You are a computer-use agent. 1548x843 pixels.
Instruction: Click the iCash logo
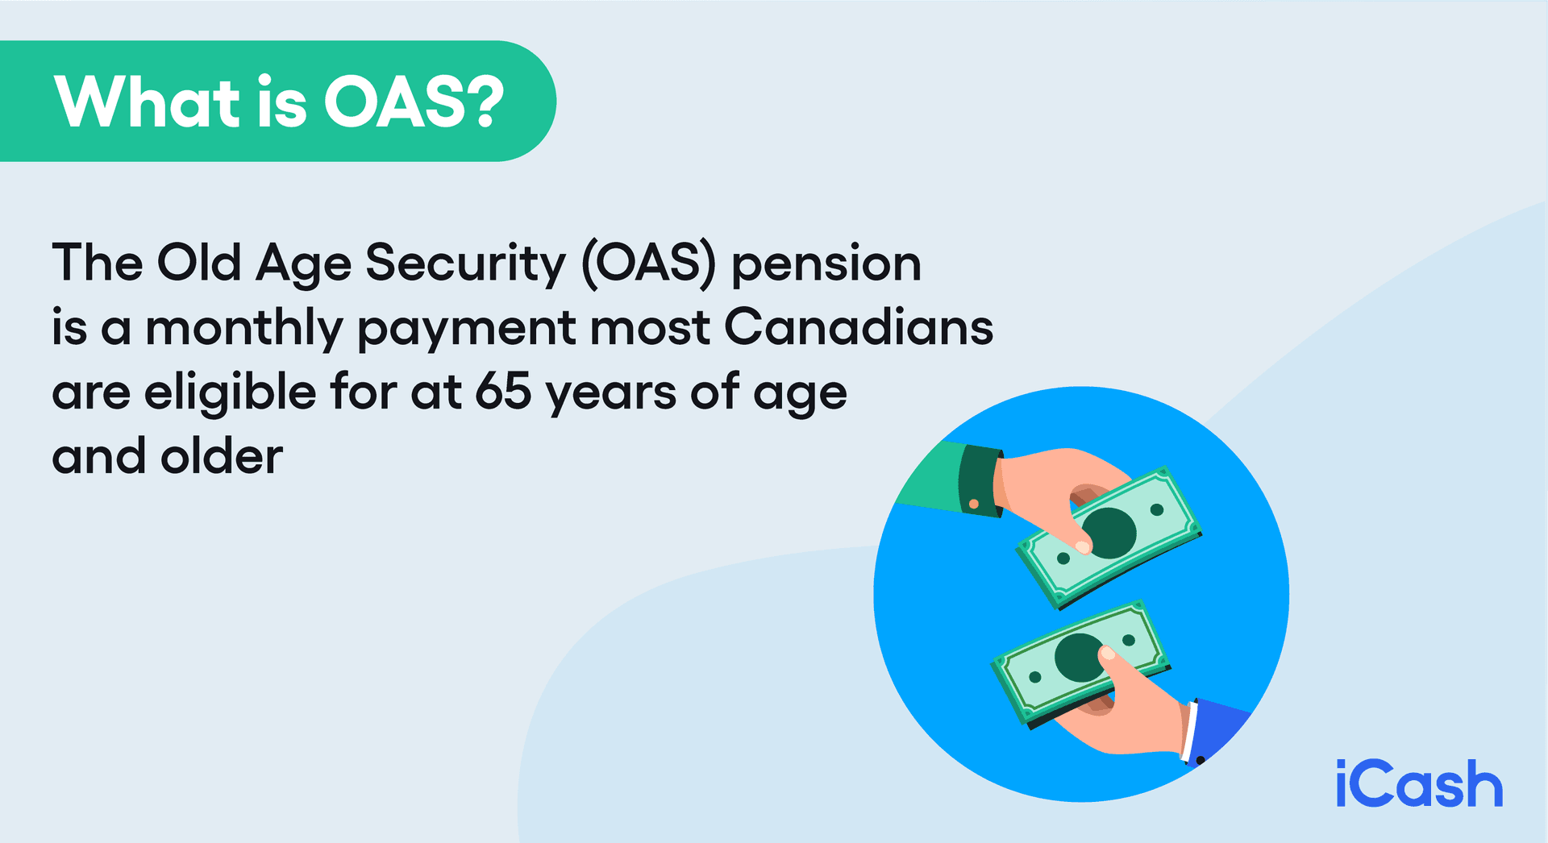click(x=1419, y=783)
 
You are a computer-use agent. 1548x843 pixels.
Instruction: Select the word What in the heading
click(x=148, y=102)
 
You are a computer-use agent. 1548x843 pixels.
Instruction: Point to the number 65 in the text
click(x=503, y=392)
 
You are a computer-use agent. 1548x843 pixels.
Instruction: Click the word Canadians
click(x=859, y=328)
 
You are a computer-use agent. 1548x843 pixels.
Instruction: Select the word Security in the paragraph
click(x=465, y=264)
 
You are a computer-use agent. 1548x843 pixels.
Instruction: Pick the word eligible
click(x=230, y=393)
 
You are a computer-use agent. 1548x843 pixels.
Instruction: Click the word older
click(x=222, y=457)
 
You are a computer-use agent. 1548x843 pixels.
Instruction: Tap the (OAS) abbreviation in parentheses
click(x=649, y=264)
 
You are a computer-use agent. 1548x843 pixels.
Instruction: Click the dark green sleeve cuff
click(x=979, y=480)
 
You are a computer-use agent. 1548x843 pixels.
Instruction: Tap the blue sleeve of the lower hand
click(x=1217, y=729)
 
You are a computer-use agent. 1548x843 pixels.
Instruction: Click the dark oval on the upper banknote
click(x=1110, y=533)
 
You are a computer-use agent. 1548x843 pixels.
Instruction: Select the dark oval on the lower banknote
click(x=1078, y=657)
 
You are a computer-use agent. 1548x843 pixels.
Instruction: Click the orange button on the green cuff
click(x=974, y=504)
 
